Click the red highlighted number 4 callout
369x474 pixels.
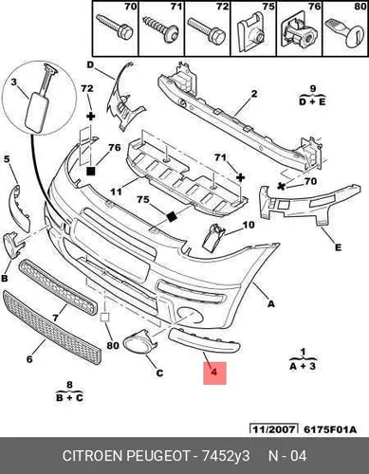click(x=214, y=373)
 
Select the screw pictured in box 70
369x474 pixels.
click(x=115, y=27)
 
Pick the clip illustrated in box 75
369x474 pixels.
click(x=252, y=31)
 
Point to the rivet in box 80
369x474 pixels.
click(x=345, y=32)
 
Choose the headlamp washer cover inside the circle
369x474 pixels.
click(x=40, y=100)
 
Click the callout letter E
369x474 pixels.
click(x=338, y=247)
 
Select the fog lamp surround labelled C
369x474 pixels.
click(x=139, y=343)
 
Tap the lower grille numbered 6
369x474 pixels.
click(x=51, y=327)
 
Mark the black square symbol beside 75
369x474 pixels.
click(x=172, y=217)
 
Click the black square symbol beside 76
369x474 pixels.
click(x=91, y=172)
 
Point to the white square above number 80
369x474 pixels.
click(x=104, y=317)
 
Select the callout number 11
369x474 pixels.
click(x=117, y=191)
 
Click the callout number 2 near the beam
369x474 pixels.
click(x=254, y=94)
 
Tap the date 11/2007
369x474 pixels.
click(x=274, y=429)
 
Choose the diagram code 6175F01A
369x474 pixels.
click(x=330, y=429)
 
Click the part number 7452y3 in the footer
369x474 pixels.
click(x=226, y=456)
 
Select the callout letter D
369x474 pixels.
click(x=90, y=64)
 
